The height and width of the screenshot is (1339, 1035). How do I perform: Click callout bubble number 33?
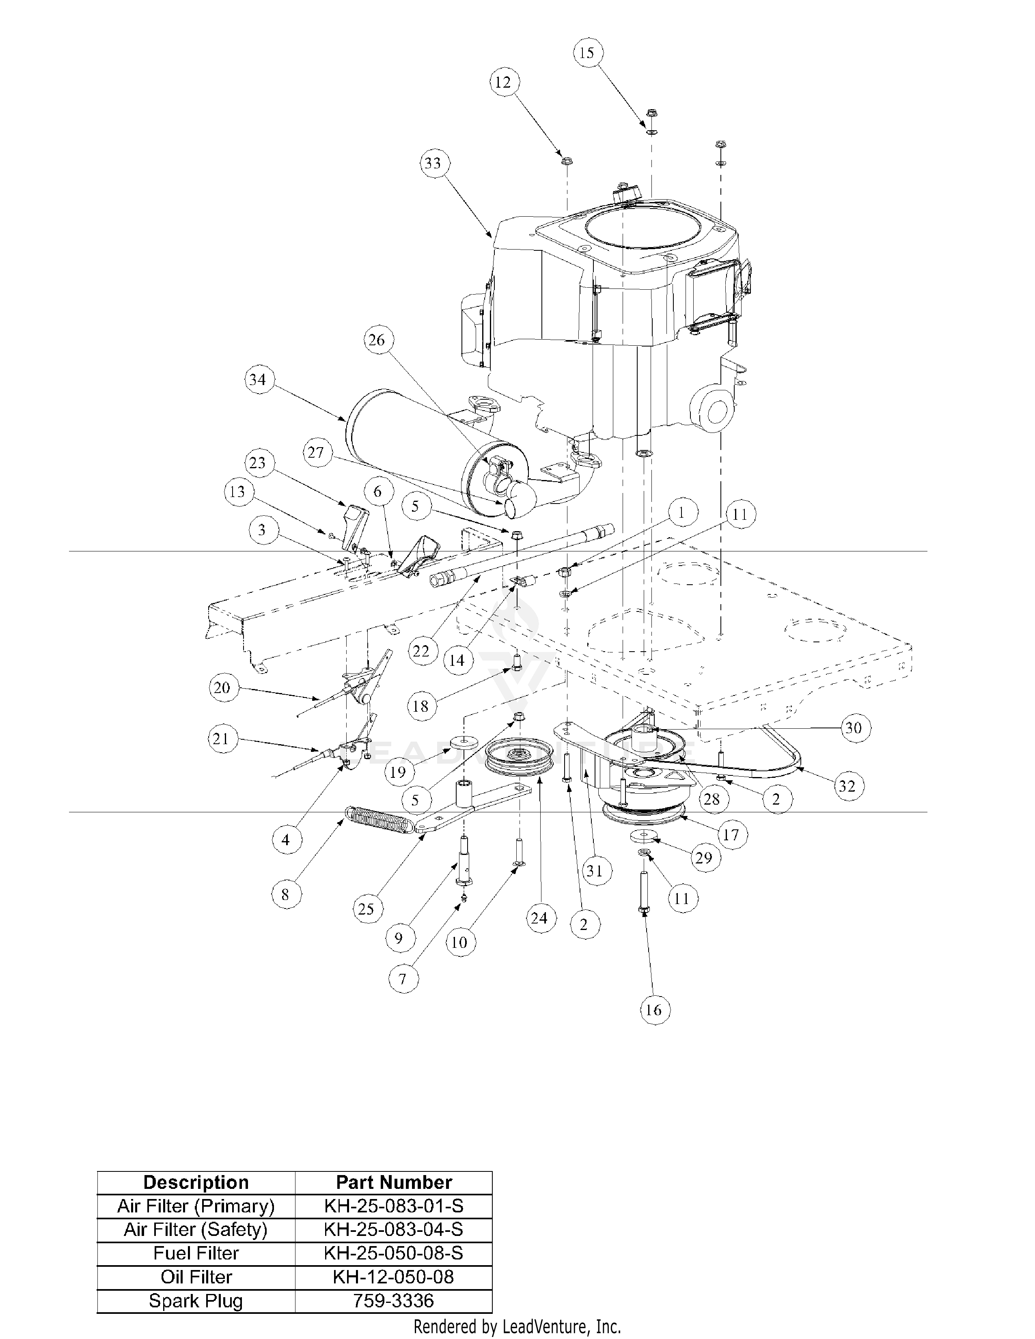click(433, 164)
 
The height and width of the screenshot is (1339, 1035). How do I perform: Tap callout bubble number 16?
click(653, 1010)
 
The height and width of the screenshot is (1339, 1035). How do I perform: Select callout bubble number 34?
click(257, 379)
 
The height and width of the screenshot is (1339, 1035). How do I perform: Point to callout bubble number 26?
click(377, 340)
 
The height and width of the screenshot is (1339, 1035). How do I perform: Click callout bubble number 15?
click(587, 53)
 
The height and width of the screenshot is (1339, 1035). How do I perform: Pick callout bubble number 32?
click(846, 786)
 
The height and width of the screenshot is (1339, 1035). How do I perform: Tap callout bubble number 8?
click(285, 895)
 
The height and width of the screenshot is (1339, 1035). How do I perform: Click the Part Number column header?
click(394, 1182)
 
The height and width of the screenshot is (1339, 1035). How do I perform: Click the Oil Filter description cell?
click(196, 1277)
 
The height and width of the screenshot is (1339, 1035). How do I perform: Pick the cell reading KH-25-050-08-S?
click(394, 1253)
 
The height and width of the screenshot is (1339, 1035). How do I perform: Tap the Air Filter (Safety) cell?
click(196, 1229)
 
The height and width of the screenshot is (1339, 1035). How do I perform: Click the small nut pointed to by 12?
click(567, 161)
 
